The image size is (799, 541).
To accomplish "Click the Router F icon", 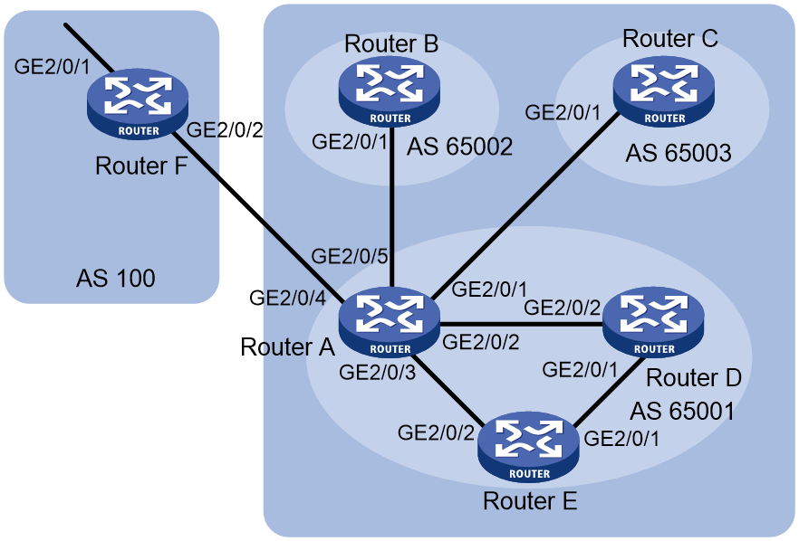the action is pos(138,104).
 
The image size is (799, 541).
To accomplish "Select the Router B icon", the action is pos(390,91).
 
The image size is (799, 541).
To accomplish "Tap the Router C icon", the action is pos(664,91).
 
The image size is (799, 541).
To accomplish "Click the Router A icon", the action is pos(390,322).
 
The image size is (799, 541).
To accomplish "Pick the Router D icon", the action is pos(653,322).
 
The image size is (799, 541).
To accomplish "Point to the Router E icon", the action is pos(528,446).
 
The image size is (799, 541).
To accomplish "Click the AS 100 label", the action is pos(116,279).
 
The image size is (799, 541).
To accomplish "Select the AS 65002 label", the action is pos(459,147).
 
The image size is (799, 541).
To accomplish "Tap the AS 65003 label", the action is pos(679,153).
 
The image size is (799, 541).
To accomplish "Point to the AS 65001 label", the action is pos(682,411).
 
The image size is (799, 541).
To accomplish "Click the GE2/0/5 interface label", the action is pos(350,256).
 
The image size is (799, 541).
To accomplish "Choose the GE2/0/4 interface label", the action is pos(287,298).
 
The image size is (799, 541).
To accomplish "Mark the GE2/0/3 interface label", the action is pos(378,373).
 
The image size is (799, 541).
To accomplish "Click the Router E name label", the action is pos(530,501).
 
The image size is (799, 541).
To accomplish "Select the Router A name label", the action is pos(287,347).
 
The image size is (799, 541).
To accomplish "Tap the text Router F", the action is pos(141,166).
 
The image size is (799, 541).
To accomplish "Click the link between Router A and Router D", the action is pos(521,324).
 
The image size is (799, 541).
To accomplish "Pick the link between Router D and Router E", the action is pos(607,393).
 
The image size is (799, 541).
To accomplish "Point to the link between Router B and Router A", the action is pos(391,207).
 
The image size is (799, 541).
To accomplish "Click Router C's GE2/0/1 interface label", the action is pos(563,112).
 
